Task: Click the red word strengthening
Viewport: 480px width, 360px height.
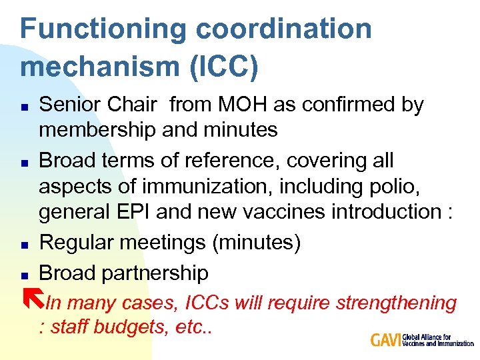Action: coord(396,303)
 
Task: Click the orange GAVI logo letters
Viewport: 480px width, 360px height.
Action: coord(386,340)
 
